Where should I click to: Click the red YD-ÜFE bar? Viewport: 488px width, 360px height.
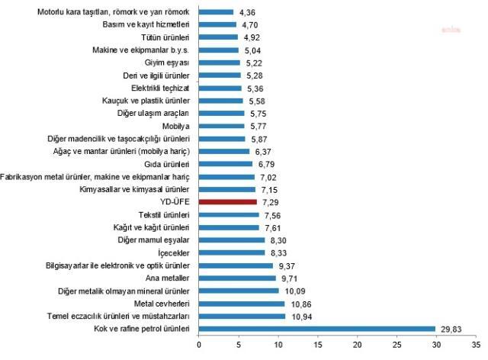click(x=228, y=202)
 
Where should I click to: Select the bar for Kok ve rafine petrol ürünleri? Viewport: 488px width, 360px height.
click(x=316, y=329)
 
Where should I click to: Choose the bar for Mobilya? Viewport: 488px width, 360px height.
click(x=222, y=126)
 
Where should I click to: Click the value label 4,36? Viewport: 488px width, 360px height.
click(x=249, y=12)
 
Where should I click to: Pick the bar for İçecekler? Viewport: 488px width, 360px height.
click(x=232, y=252)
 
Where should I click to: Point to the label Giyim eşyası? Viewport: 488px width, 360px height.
click(x=168, y=63)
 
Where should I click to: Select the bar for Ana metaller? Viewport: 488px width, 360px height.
click(x=237, y=278)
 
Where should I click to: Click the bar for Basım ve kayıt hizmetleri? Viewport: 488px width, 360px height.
click(x=217, y=24)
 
